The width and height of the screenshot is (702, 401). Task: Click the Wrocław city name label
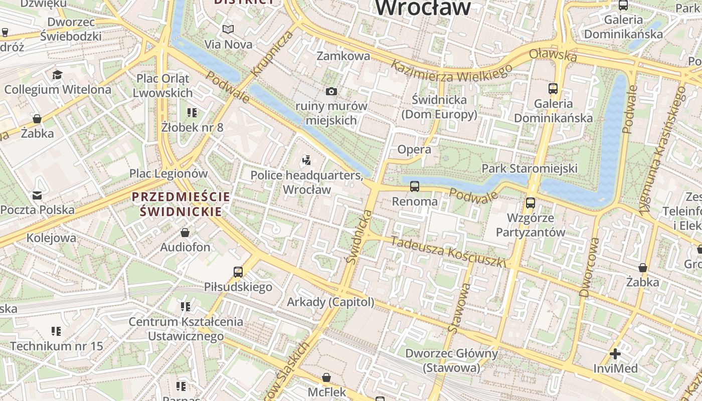pyautogui.click(x=423, y=8)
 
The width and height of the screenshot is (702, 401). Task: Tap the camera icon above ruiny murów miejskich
pyautogui.click(x=331, y=91)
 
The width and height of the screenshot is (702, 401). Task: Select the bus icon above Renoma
pyautogui.click(x=415, y=186)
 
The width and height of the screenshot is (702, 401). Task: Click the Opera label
pyautogui.click(x=414, y=149)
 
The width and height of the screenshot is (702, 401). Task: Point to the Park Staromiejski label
pyautogui.click(x=530, y=168)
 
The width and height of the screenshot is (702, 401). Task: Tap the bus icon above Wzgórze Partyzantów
pyautogui.click(x=531, y=203)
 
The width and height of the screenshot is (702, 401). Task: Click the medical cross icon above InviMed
pyautogui.click(x=615, y=354)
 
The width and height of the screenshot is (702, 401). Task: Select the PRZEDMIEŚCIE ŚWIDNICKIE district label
pyautogui.click(x=181, y=204)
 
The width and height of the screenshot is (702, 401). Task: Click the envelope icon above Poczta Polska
pyautogui.click(x=37, y=195)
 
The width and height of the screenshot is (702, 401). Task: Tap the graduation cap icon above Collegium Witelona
pyautogui.click(x=57, y=75)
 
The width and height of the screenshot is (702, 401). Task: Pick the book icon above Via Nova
pyautogui.click(x=228, y=30)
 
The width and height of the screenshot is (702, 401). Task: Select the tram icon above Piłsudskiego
pyautogui.click(x=238, y=272)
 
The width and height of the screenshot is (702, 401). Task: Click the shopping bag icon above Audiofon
pyautogui.click(x=185, y=233)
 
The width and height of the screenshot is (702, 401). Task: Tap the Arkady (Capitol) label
pyautogui.click(x=330, y=302)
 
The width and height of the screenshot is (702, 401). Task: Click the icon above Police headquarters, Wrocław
pyautogui.click(x=307, y=160)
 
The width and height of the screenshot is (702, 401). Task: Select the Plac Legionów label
pyautogui.click(x=168, y=174)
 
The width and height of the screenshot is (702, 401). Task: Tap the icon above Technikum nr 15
pyautogui.click(x=56, y=331)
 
